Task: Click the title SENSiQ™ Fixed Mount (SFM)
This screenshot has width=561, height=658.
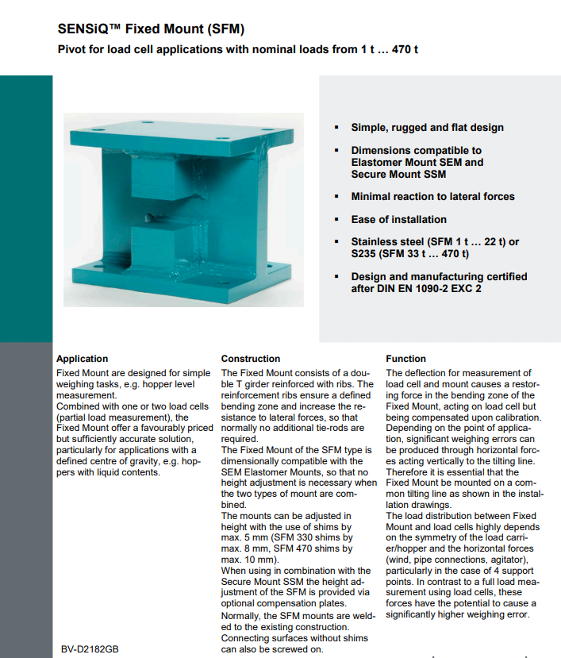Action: pyautogui.click(x=151, y=30)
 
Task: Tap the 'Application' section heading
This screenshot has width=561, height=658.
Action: pyautogui.click(x=82, y=359)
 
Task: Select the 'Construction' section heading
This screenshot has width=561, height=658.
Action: pyautogui.click(x=250, y=359)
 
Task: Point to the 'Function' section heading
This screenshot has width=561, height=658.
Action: pyautogui.click(x=405, y=359)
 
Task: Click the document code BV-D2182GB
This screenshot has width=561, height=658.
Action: pyautogui.click(x=90, y=648)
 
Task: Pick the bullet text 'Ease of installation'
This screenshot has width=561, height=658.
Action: pyautogui.click(x=398, y=220)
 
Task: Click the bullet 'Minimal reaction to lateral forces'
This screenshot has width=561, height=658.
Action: pyautogui.click(x=432, y=197)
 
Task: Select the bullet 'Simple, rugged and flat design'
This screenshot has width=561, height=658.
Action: pyautogui.click(x=427, y=128)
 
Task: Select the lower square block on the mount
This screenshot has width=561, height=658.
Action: pyautogui.click(x=151, y=246)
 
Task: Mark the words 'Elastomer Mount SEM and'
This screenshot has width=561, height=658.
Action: pyautogui.click(x=417, y=163)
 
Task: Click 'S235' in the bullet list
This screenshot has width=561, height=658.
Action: pyautogui.click(x=367, y=254)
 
